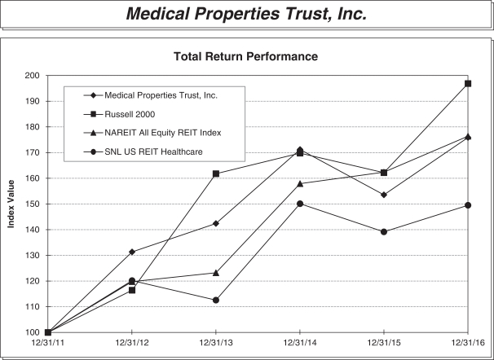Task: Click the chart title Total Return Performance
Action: point(245,57)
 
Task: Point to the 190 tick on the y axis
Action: point(31,101)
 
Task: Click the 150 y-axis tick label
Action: point(31,204)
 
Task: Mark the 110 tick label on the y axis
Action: point(31,307)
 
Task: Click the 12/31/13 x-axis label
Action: point(216,344)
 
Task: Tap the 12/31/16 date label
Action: point(467,344)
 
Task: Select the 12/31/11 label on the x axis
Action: point(47,344)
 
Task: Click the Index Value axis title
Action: point(11,204)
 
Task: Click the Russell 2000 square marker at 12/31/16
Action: point(467,83)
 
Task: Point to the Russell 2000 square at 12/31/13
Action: point(216,173)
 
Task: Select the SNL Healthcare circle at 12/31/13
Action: point(216,300)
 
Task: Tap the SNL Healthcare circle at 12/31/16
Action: point(467,205)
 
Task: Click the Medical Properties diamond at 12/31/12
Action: point(132,252)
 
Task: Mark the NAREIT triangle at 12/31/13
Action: point(216,273)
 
